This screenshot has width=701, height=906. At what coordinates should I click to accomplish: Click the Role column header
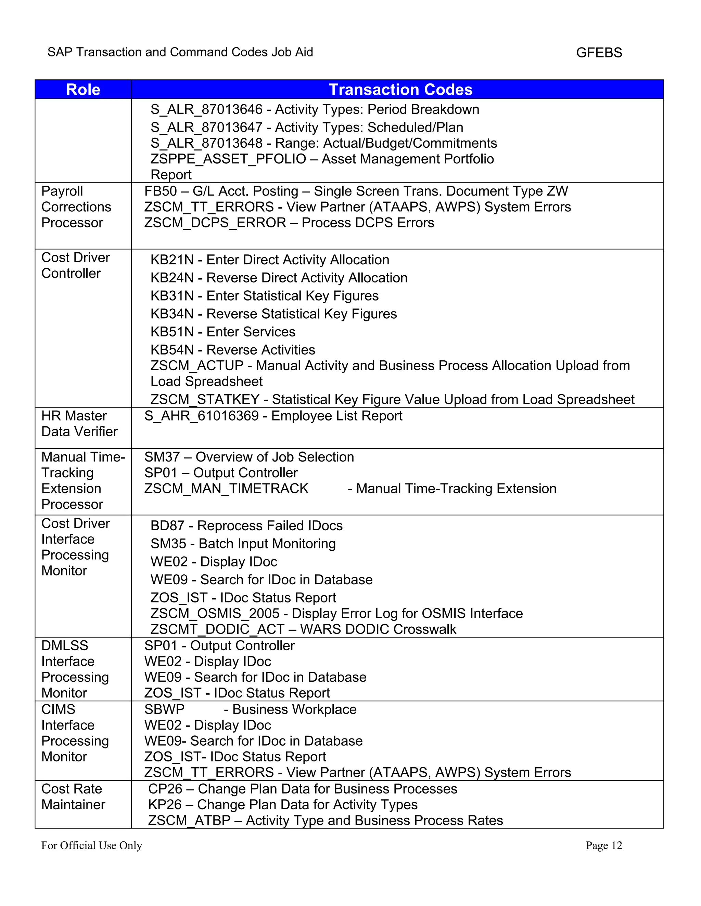[x=83, y=90]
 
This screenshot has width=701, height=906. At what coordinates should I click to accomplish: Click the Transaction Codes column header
[x=400, y=90]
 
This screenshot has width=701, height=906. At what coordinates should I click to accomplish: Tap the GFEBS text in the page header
[x=599, y=53]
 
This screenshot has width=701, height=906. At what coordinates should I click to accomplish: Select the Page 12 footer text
[x=603, y=845]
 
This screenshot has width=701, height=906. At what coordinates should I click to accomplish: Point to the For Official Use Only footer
[x=91, y=845]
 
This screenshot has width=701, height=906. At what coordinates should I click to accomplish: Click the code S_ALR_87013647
[x=206, y=128]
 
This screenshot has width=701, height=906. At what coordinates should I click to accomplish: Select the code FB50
[x=160, y=191]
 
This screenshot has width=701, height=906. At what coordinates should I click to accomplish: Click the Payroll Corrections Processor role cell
[x=76, y=207]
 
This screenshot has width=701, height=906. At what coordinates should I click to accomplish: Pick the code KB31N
[x=172, y=296]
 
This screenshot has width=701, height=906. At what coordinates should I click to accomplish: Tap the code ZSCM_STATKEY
[x=205, y=399]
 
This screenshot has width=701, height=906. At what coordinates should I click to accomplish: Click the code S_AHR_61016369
[x=201, y=416]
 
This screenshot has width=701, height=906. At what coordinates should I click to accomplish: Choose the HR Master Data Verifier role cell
[x=79, y=424]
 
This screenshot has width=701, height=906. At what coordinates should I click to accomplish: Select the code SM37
[x=162, y=457]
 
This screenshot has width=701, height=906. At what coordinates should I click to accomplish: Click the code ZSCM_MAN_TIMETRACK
[x=226, y=489]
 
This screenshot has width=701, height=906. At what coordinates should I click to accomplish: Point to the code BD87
[x=167, y=525]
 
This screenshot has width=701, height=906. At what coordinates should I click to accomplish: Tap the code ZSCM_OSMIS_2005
[x=215, y=614]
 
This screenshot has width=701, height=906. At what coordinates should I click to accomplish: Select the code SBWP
[x=164, y=709]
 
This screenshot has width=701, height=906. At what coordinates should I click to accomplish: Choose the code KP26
[x=165, y=805]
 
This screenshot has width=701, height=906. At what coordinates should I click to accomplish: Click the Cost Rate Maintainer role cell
[x=73, y=797]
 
